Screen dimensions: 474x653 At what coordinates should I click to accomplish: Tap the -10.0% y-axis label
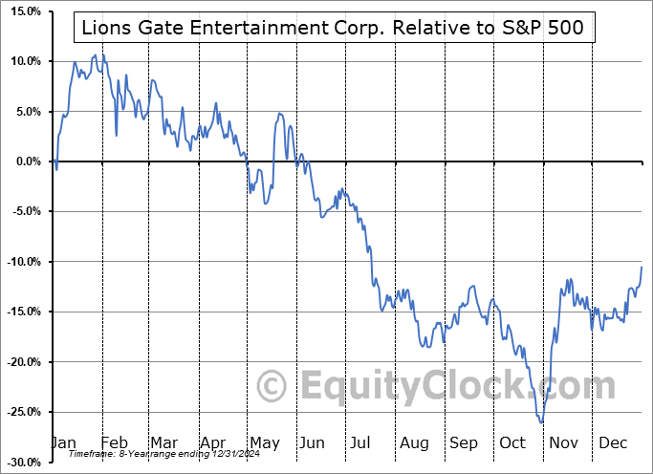(21, 262)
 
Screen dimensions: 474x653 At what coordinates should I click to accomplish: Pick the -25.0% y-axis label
(21, 412)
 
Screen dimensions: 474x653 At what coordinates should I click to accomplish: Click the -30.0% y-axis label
(21, 462)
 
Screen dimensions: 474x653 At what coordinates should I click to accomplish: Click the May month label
(265, 442)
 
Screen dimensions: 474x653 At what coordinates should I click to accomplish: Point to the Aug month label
(415, 442)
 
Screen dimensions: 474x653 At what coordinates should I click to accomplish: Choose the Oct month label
(513, 442)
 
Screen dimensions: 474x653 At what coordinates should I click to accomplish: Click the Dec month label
(612, 442)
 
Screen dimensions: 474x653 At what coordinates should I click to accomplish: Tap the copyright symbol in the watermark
(272, 387)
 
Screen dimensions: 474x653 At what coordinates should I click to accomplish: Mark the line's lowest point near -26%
(541, 421)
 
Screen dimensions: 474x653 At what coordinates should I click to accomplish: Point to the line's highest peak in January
(94, 55)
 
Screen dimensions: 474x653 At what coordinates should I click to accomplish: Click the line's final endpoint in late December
(642, 266)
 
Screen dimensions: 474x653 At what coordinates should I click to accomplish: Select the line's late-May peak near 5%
(279, 114)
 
